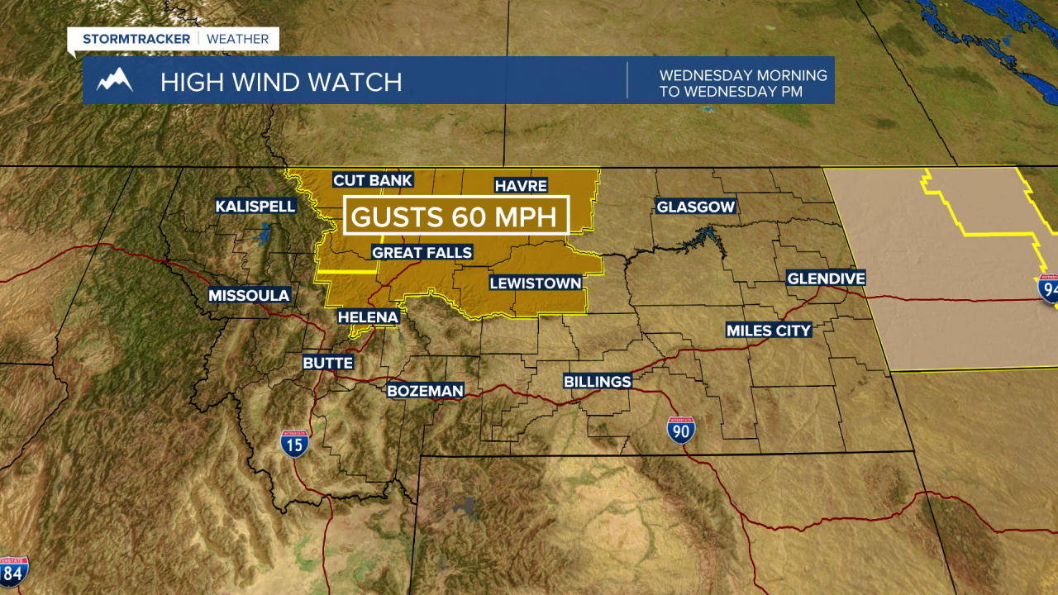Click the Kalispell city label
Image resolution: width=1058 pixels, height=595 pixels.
[x=255, y=206]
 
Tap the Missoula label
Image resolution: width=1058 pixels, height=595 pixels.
[x=249, y=295]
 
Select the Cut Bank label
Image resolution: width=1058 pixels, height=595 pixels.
[x=372, y=180]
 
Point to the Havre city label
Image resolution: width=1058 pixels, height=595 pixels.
[x=521, y=185]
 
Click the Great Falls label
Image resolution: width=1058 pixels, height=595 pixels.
[x=422, y=252]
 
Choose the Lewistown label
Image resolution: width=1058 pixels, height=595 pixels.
[x=536, y=283]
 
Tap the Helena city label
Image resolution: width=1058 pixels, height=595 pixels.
[x=369, y=317]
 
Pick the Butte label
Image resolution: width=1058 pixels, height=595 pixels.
[x=328, y=363]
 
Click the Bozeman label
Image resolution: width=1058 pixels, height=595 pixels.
[x=426, y=390]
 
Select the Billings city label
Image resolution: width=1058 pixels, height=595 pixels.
[x=598, y=381]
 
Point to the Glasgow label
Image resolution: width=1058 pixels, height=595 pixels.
[x=695, y=207]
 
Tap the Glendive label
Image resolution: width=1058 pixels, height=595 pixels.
[x=826, y=278]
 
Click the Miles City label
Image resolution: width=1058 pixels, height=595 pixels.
[x=769, y=331]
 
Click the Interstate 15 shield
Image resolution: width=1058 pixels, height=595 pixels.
[x=294, y=444]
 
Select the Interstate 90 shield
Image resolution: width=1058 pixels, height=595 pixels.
[x=681, y=430]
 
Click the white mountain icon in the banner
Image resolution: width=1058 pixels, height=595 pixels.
[x=115, y=81]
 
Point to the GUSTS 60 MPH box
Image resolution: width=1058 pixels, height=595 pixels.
[x=457, y=217]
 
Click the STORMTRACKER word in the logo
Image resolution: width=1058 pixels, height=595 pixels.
[x=136, y=39]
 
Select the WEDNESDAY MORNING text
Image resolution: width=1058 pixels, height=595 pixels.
[x=743, y=75]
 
